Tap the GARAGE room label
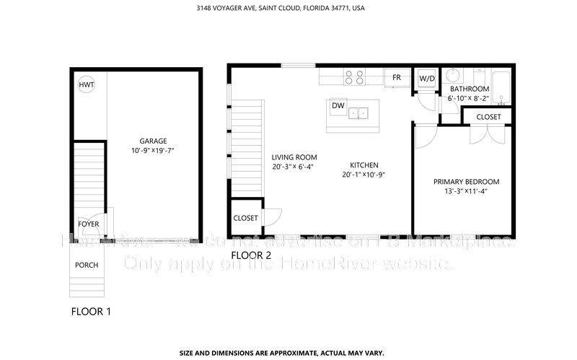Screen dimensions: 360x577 point(154,141)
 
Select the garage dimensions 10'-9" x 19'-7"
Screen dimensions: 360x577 point(154,151)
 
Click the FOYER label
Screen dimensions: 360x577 point(89,224)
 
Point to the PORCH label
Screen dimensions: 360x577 point(87,265)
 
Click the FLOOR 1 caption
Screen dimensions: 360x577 point(91,312)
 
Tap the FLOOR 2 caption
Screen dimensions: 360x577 point(251,255)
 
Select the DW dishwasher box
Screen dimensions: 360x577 point(338,106)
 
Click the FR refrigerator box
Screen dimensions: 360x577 point(397,77)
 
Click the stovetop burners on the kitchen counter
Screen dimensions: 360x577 point(353,76)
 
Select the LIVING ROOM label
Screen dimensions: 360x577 point(294,157)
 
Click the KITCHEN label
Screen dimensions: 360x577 point(364,164)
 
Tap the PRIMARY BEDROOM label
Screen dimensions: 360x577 point(466,182)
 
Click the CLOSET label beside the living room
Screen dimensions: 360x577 point(246,218)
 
